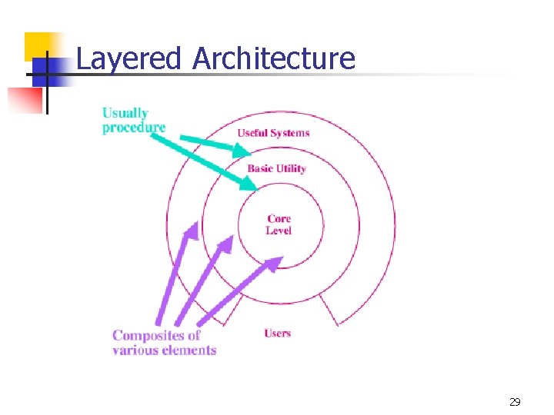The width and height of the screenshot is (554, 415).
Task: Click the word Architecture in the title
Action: click(274, 58)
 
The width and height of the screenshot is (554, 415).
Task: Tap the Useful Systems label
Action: click(273, 133)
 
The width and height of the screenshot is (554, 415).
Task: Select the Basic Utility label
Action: click(276, 168)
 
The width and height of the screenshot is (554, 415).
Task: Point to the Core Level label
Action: click(279, 224)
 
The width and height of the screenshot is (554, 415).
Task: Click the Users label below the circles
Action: click(277, 333)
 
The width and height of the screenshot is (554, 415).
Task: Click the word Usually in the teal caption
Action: click(125, 113)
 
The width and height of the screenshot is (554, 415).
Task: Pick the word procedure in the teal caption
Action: click(134, 127)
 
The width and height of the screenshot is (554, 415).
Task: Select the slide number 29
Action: click(515, 402)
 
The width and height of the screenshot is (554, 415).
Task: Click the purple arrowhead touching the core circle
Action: click(273, 264)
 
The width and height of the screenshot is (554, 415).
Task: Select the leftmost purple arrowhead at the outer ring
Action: click(189, 231)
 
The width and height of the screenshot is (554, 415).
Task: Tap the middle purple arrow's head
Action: click(225, 245)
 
